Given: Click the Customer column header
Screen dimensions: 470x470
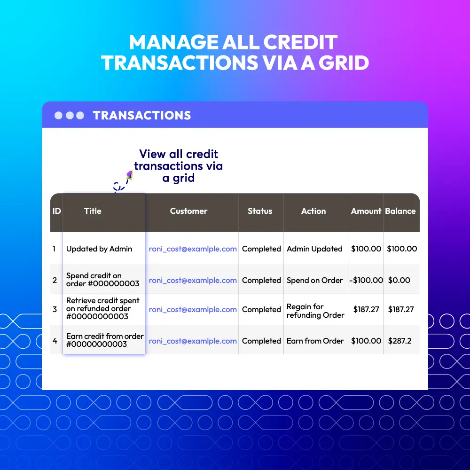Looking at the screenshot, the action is tap(188, 211).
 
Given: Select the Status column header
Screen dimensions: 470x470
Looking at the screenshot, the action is tap(260, 211).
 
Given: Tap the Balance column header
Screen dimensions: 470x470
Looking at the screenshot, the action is tap(400, 211).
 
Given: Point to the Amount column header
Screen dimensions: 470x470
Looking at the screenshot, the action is tap(366, 211).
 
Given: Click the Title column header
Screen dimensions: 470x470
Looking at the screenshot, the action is tap(93, 211).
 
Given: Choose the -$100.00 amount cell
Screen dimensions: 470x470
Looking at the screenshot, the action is tap(366, 280).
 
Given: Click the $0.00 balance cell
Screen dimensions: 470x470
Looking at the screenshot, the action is tap(399, 280).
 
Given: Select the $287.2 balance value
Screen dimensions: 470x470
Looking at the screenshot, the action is tap(399, 341).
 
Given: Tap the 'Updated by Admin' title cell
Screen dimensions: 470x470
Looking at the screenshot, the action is tap(99, 249).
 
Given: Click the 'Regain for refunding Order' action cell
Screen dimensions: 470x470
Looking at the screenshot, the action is tap(315, 311).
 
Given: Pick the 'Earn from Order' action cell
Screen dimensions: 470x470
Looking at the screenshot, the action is tap(315, 341).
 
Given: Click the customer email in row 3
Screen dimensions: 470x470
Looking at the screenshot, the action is tap(193, 309).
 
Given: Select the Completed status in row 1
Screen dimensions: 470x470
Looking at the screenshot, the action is tap(261, 249).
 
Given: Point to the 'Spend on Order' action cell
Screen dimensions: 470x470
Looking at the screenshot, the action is tap(315, 280).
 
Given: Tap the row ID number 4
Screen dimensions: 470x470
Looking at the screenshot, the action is tap(55, 341).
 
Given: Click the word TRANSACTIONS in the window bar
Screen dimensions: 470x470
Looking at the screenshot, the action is tap(142, 116).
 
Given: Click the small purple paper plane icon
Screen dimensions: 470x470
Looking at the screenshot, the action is tap(130, 175).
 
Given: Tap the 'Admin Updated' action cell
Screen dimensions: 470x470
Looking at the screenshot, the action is tap(314, 249).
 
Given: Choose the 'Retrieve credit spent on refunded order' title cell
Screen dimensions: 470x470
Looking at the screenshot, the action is tap(103, 308).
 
